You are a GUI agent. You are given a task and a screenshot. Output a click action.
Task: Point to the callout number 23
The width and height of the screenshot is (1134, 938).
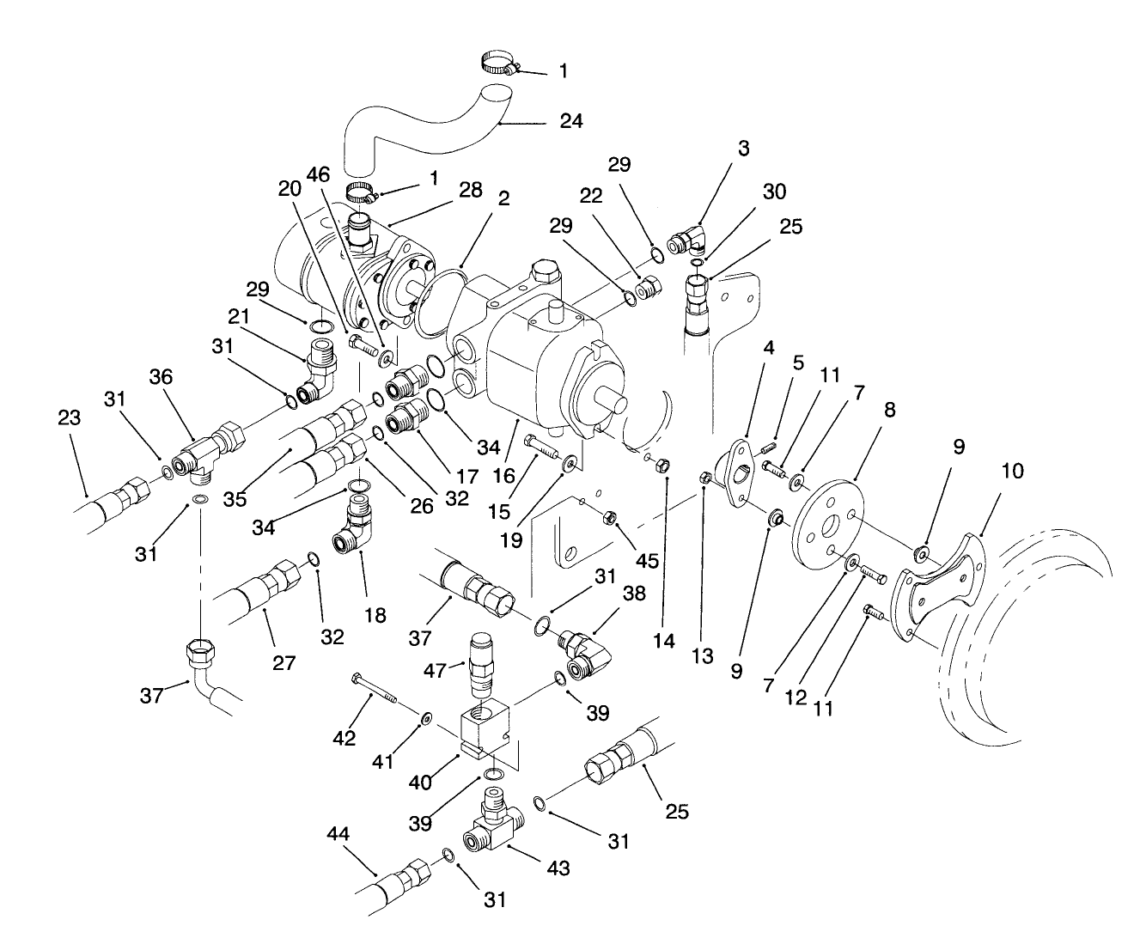pyautogui.click(x=70, y=417)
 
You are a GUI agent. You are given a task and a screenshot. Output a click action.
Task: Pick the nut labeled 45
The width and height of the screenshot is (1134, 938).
pyautogui.click(x=607, y=517)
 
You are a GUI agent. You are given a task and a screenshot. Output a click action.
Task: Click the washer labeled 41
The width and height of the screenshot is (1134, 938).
pyautogui.click(x=426, y=717)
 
